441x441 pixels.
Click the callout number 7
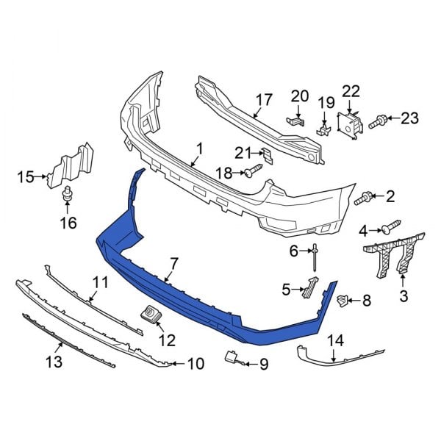(174, 262)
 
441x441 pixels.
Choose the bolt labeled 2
(364, 198)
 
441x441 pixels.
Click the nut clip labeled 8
(343, 299)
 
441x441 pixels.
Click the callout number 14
(335, 340)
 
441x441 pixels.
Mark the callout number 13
(53, 362)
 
